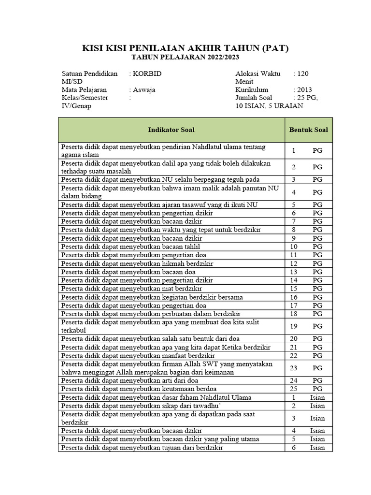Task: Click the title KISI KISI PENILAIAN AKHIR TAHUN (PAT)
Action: [185, 48]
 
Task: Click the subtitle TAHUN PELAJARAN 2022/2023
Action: [185, 58]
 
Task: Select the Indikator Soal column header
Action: [171, 130]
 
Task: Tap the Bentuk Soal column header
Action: [308, 130]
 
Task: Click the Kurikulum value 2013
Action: [304, 90]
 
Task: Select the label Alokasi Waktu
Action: [257, 74]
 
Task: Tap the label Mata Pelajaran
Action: [84, 90]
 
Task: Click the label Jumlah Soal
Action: [254, 98]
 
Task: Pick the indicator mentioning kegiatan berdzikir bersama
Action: [152, 297]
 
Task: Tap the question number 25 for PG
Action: [293, 389]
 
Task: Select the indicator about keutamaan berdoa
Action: [139, 389]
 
